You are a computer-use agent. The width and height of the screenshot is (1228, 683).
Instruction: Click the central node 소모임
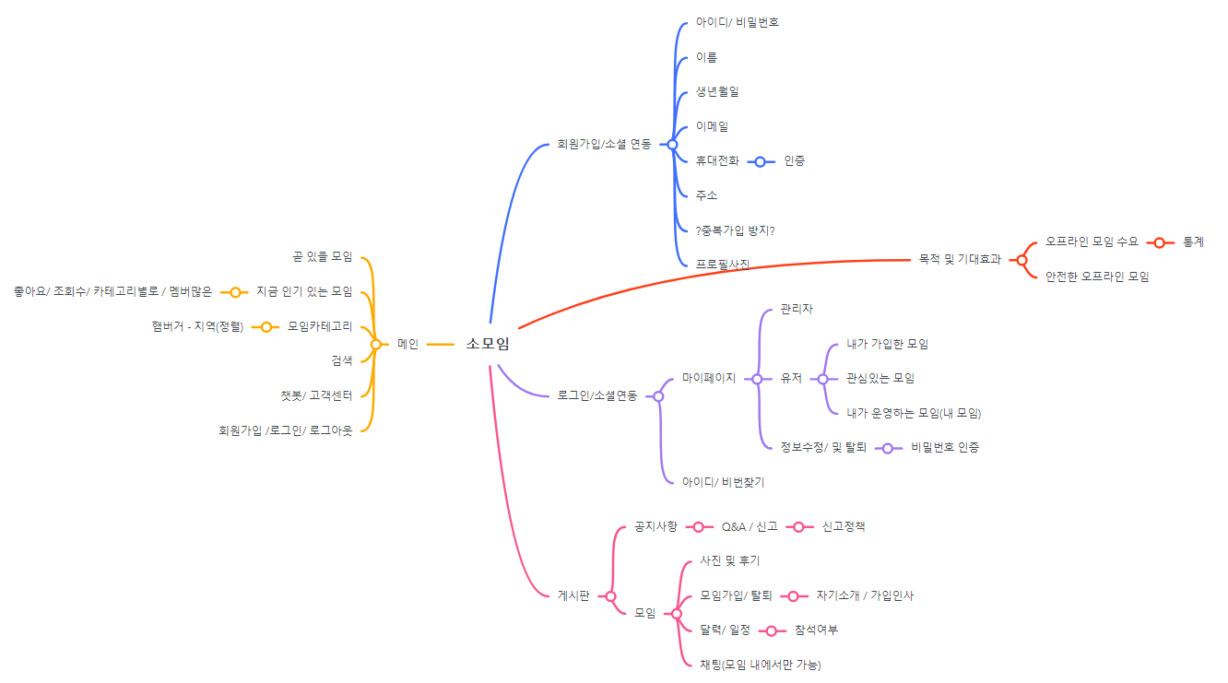click(487, 344)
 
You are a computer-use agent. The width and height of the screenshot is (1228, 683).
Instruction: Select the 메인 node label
click(407, 344)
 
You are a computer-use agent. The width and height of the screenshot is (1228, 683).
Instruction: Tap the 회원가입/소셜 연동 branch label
click(604, 144)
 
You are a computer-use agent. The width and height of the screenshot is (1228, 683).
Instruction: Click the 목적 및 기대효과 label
click(960, 259)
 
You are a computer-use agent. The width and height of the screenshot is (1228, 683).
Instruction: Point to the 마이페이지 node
click(708, 378)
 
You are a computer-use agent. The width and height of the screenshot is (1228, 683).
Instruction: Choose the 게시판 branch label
click(573, 595)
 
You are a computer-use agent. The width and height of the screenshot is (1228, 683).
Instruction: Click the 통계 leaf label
click(1193, 241)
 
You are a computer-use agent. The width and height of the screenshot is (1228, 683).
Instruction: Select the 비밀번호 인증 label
click(945, 447)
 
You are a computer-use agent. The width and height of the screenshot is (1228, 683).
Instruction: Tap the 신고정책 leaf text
click(843, 526)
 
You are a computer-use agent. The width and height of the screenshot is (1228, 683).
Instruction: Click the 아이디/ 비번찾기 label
click(723, 481)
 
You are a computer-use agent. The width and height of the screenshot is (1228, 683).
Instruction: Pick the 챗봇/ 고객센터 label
click(316, 395)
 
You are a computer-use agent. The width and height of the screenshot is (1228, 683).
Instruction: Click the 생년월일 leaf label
click(717, 91)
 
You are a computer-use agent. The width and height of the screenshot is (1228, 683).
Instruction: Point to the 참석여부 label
click(816, 630)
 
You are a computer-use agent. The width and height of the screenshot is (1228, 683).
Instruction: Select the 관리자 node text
click(797, 309)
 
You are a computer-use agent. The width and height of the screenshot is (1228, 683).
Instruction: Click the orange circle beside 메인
click(375, 344)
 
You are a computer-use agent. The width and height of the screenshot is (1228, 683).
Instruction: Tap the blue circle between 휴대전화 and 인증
click(760, 161)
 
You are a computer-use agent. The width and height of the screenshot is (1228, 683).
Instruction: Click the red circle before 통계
click(1159, 241)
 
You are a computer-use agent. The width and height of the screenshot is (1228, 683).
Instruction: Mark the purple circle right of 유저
click(822, 378)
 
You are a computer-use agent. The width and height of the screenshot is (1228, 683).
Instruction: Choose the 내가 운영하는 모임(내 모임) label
click(914, 412)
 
